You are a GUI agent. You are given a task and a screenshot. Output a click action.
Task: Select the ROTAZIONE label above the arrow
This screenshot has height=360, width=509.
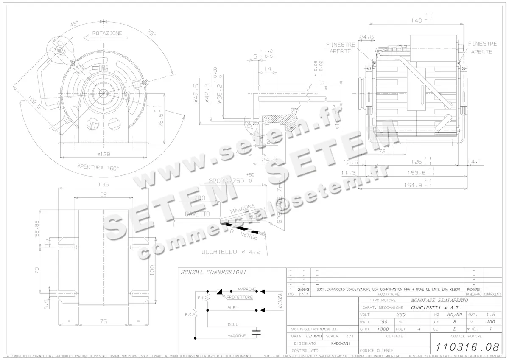click(107, 33)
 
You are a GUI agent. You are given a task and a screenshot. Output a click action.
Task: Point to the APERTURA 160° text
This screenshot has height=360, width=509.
click(98, 167)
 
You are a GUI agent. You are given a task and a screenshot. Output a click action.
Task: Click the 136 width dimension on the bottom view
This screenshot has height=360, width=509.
click(103, 185)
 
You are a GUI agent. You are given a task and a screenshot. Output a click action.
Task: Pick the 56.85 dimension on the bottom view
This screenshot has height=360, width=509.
click(37, 228)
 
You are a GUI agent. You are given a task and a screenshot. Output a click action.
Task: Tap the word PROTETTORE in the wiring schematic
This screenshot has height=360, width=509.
click(240, 298)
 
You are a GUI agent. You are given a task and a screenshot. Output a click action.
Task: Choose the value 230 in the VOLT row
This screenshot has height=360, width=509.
click(401, 315)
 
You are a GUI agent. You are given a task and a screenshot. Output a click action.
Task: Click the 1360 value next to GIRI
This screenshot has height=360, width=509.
click(383, 329)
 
